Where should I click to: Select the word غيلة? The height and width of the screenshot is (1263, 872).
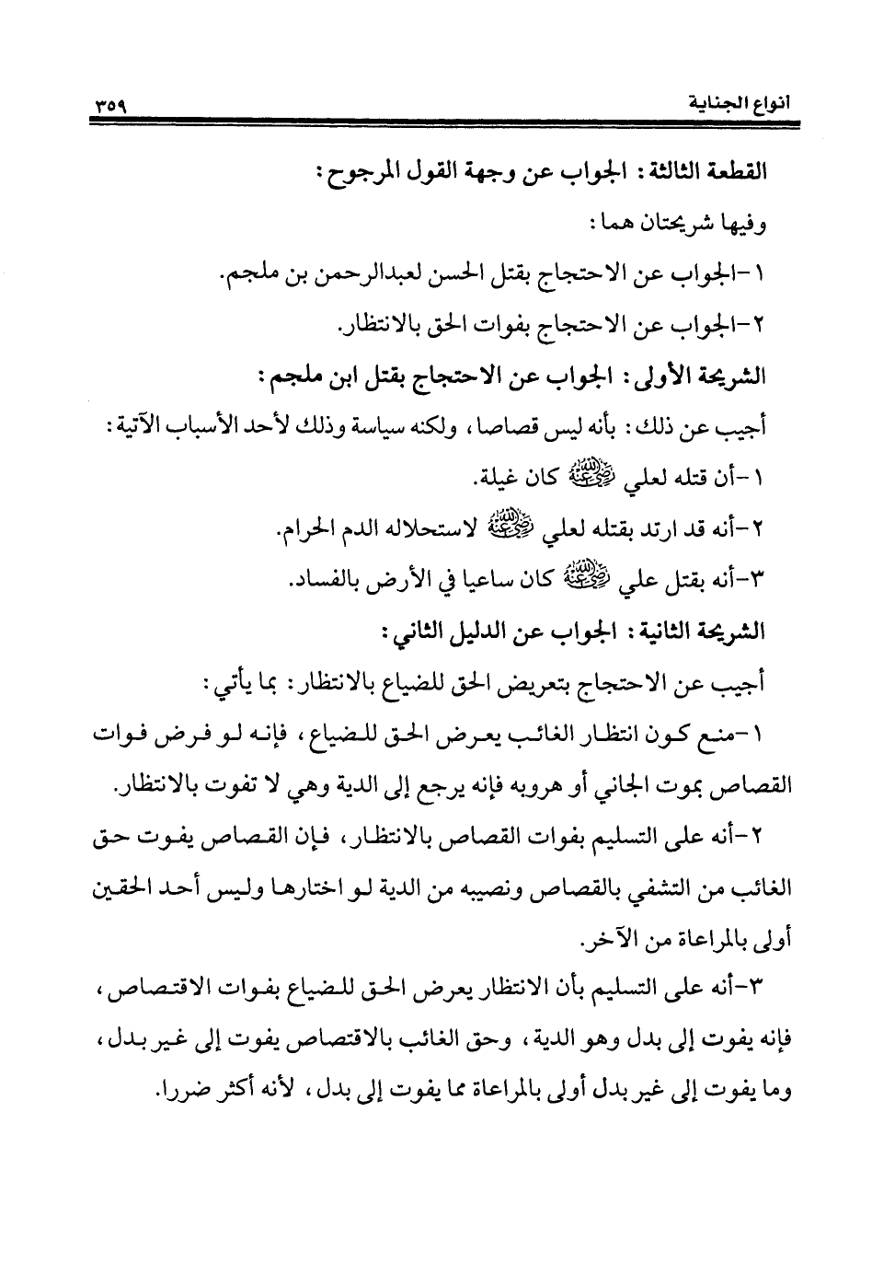[x=505, y=480]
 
